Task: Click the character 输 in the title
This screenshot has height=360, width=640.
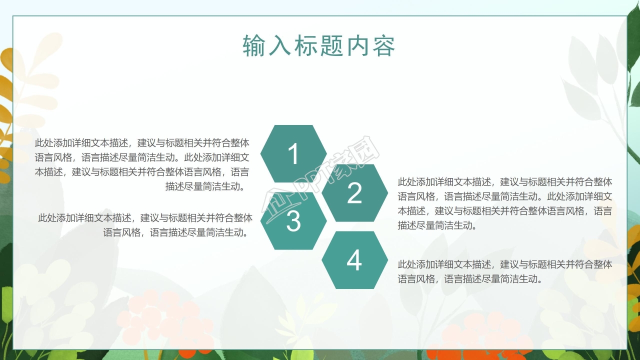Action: click(x=254, y=46)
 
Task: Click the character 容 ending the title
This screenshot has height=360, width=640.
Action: click(x=383, y=46)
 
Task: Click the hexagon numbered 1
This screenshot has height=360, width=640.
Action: click(x=293, y=153)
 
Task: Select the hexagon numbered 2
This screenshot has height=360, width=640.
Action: click(x=354, y=193)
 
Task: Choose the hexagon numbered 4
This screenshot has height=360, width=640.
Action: click(x=354, y=260)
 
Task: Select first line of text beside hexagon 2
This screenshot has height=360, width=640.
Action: click(x=504, y=181)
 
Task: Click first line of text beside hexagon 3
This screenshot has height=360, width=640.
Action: click(x=145, y=218)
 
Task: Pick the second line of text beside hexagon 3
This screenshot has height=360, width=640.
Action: click(x=176, y=232)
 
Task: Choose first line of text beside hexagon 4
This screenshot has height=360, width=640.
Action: click(x=504, y=264)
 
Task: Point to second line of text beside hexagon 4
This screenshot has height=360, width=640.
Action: click(x=470, y=279)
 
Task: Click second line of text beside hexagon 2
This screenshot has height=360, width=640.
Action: click(x=504, y=196)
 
